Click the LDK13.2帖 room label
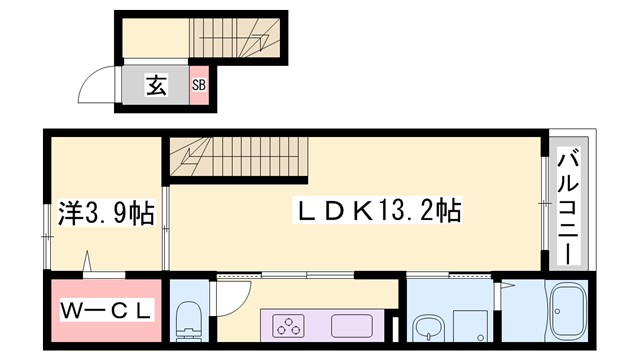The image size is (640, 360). pos(376,211)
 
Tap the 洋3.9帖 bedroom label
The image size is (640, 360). pos(104,212)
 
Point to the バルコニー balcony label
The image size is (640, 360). pos(567,207)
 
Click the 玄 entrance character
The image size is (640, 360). pos(157,86)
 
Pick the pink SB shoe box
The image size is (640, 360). pos(199,86)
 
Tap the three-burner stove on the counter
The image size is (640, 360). pos(291,325)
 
